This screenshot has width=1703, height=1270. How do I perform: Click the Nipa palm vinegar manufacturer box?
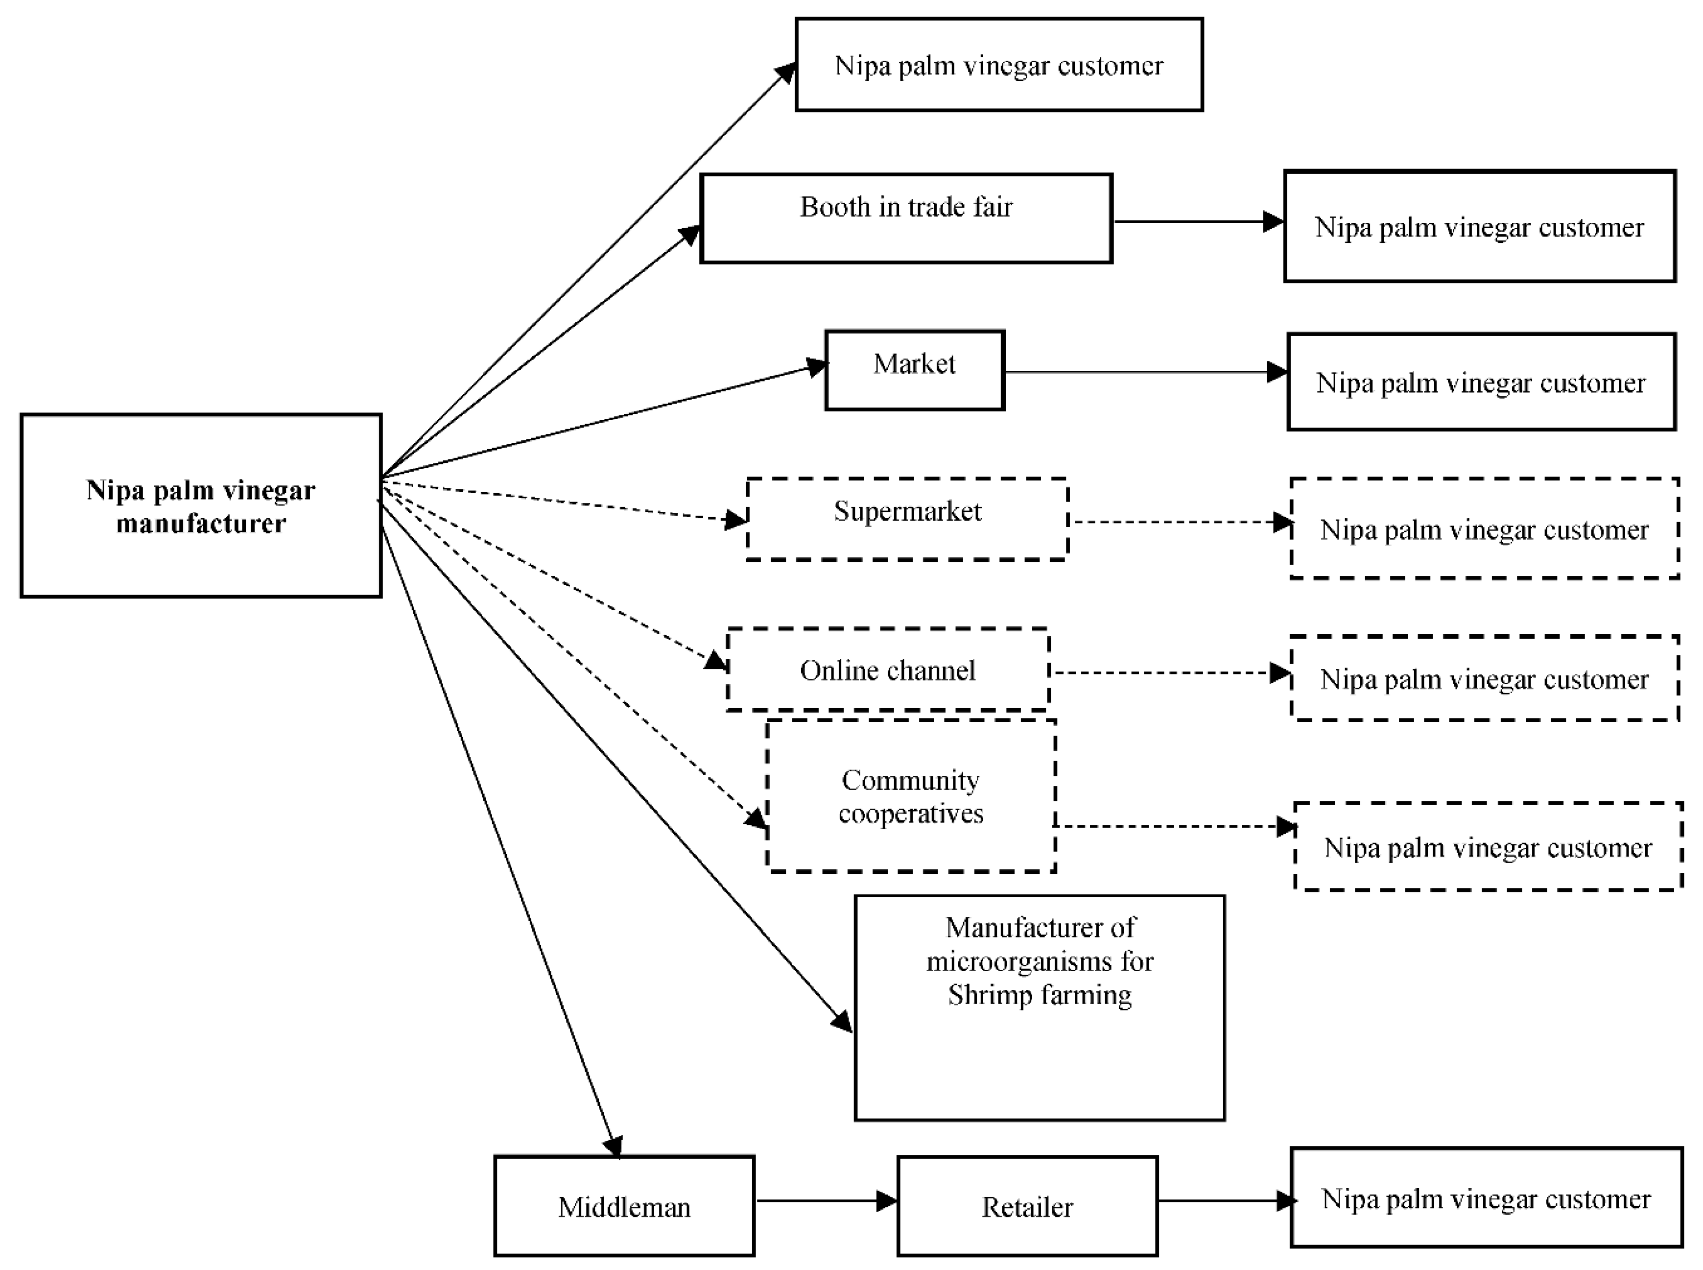pyautogui.click(x=201, y=506)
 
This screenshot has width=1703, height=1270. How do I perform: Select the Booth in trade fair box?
pyautogui.click(x=906, y=218)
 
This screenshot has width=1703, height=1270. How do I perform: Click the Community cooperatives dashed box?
pyautogui.click(x=911, y=796)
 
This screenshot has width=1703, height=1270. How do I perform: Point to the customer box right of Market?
pyautogui.click(x=1481, y=382)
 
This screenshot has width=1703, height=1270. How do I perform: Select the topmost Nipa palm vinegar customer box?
pyautogui.click(x=998, y=65)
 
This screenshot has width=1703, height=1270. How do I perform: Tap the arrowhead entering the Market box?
pyautogui.click(x=816, y=367)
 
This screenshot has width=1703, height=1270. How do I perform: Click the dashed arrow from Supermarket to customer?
pyautogui.click(x=1176, y=523)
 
